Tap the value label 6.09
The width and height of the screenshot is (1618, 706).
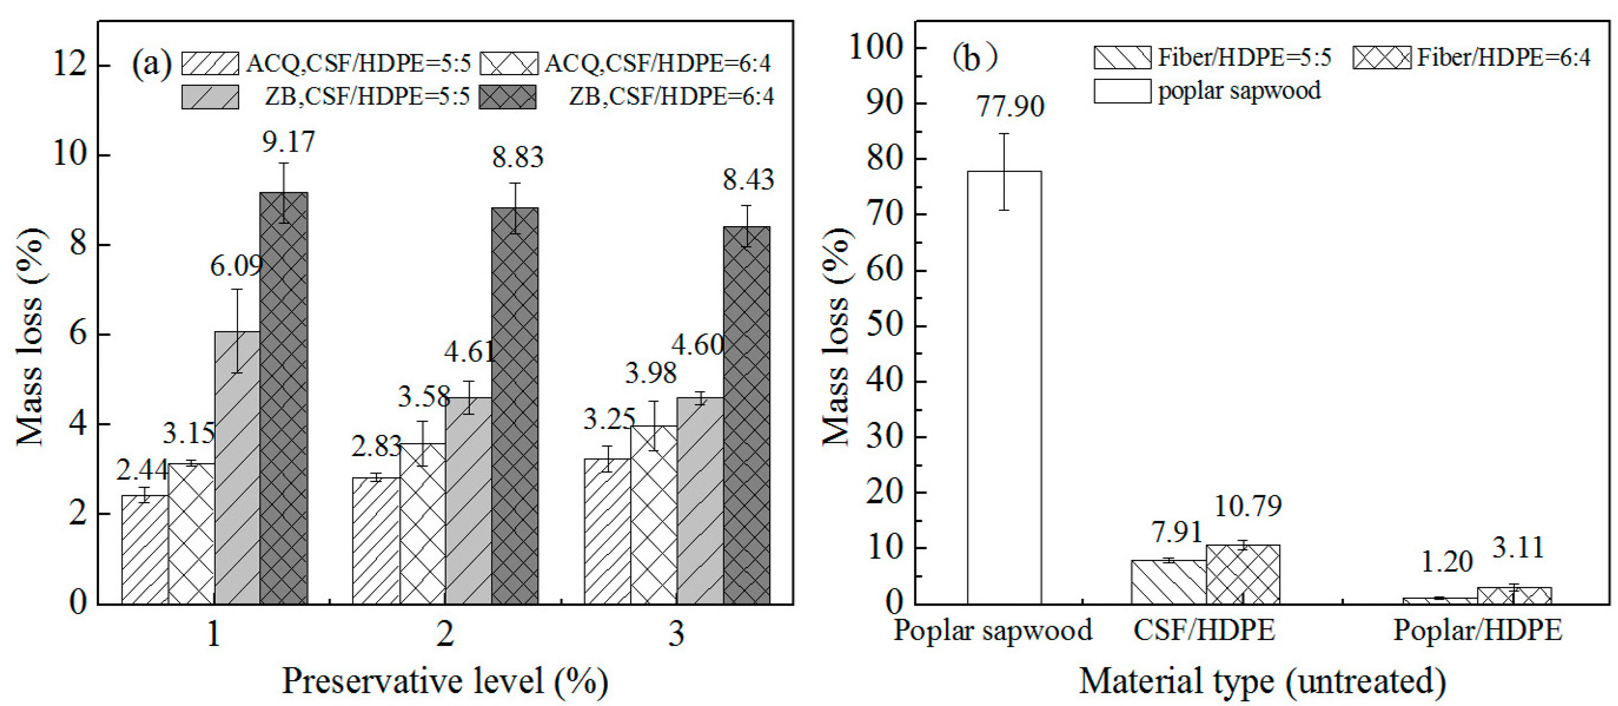(236, 266)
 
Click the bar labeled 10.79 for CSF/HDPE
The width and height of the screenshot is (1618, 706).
(1242, 574)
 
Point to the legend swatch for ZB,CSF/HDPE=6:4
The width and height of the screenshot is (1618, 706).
(507, 97)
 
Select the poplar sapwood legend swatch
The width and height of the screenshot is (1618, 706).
(1122, 91)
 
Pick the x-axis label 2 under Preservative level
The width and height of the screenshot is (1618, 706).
(445, 634)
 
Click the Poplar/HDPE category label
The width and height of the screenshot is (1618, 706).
(1477, 630)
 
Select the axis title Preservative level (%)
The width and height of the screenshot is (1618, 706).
(445, 681)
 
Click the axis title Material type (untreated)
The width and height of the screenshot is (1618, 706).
(1262, 681)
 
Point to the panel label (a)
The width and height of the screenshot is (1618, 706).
(151, 64)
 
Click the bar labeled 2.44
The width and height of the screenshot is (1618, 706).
(144, 550)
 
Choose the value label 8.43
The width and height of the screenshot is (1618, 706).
(748, 180)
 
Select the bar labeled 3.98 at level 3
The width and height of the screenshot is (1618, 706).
(653, 514)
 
